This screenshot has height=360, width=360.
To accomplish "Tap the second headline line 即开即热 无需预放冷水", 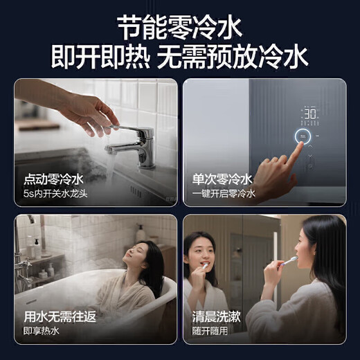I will point(180,57).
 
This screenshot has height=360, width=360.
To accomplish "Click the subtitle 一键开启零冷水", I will point(224,194).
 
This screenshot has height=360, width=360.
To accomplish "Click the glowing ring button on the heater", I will point(305,136).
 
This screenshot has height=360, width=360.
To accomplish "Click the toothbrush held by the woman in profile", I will point(289,262).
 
